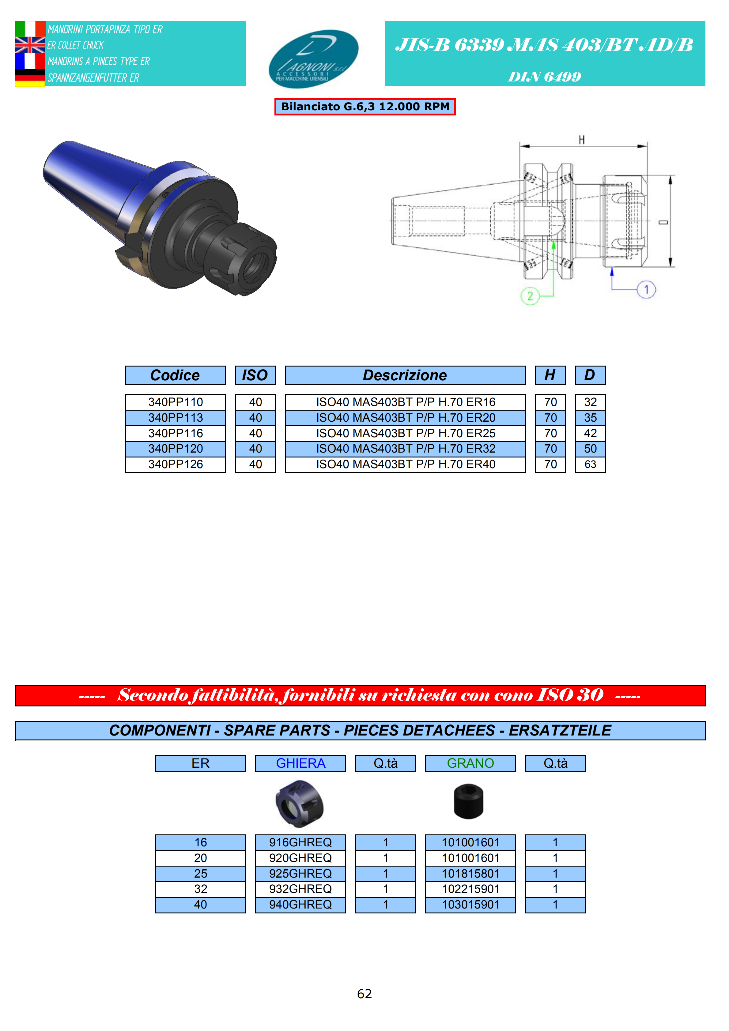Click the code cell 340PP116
click(x=175, y=433)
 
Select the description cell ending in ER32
click(x=405, y=449)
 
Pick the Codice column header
click(x=175, y=375)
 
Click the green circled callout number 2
click(x=530, y=296)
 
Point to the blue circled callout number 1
click(x=646, y=290)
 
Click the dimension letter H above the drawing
click(x=582, y=140)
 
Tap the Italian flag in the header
click(x=30, y=29)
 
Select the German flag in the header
click(x=30, y=78)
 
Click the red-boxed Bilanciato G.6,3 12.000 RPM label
click(x=365, y=107)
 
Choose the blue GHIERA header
click(x=300, y=763)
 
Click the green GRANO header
click(x=470, y=763)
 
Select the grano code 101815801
click(x=470, y=873)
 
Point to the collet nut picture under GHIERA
click(x=300, y=804)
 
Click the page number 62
click(x=364, y=994)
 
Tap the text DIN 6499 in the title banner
click(x=544, y=77)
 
